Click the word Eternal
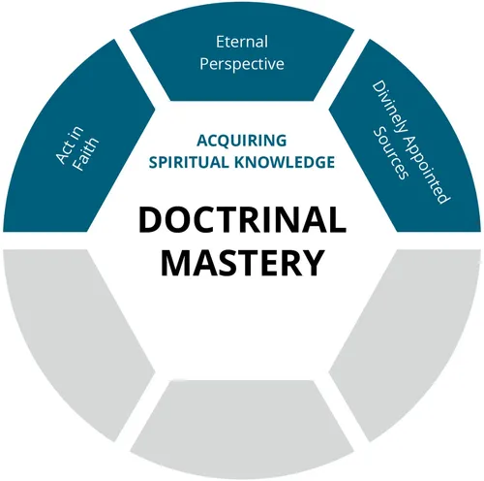point(242,43)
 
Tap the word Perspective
point(242,66)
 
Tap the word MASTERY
point(242,262)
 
